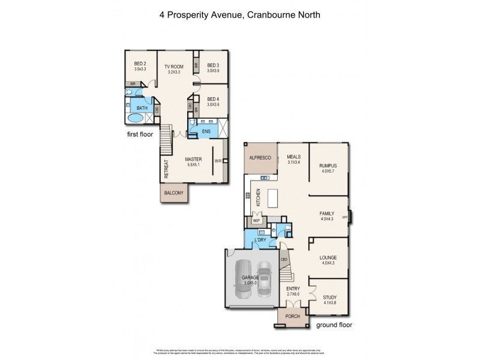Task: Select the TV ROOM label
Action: (x=174, y=67)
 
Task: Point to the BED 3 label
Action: (x=213, y=66)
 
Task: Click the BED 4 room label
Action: (x=213, y=99)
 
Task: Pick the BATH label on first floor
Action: (x=142, y=108)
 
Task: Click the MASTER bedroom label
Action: (x=193, y=160)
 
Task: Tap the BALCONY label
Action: (x=174, y=194)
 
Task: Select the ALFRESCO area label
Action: (x=260, y=157)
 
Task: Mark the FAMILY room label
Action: (x=327, y=213)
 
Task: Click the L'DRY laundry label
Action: (x=260, y=241)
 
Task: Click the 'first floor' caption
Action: (x=139, y=134)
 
